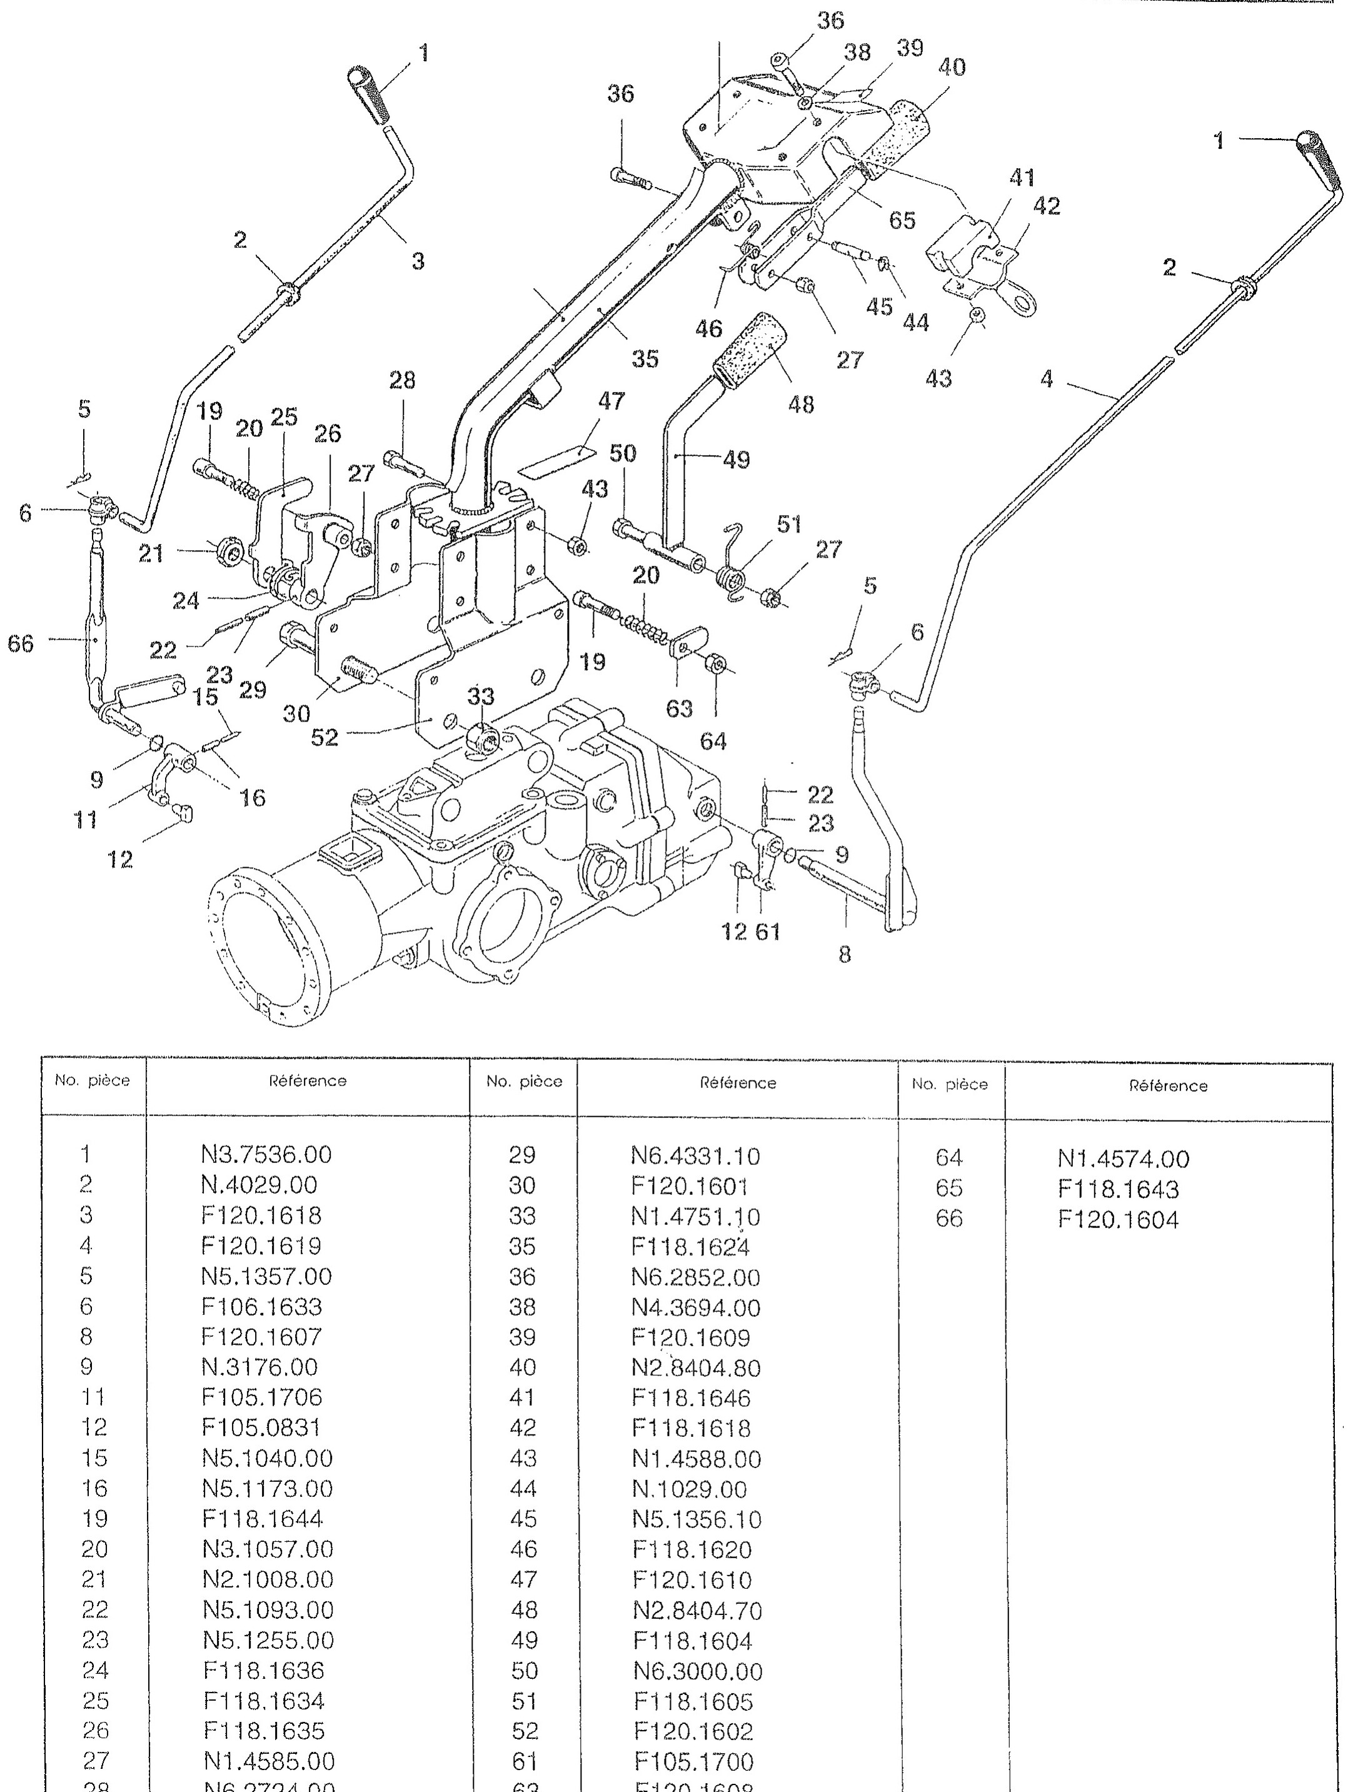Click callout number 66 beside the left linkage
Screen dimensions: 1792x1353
tap(21, 644)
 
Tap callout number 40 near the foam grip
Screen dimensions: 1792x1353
tap(952, 68)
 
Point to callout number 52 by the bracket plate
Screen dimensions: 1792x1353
tap(325, 737)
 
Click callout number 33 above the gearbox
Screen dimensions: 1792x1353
tap(480, 697)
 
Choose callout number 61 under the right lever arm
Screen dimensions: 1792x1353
tap(767, 932)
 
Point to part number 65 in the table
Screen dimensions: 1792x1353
tap(948, 1189)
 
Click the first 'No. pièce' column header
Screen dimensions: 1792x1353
tap(93, 1080)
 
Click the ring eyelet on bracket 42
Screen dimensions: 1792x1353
tap(1024, 305)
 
